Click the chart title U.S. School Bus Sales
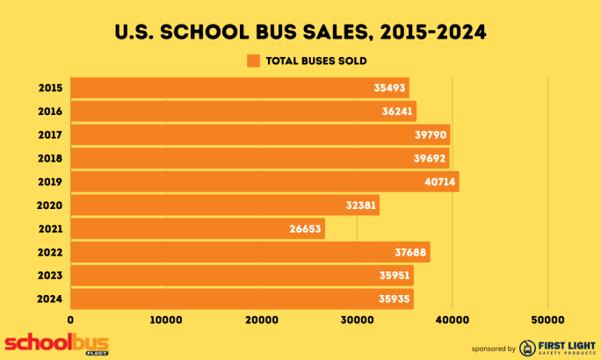(x=300, y=33)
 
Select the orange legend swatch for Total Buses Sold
(x=253, y=61)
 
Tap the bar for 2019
(x=264, y=182)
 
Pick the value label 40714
(x=439, y=182)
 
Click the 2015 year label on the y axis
(x=50, y=88)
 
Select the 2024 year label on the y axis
(x=50, y=299)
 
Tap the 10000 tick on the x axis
(x=165, y=320)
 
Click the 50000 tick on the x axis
(x=547, y=320)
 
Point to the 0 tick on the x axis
(x=70, y=320)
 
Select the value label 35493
(x=389, y=88)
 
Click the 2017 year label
(x=50, y=135)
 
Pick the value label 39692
(x=430, y=159)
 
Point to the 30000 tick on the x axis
(x=357, y=320)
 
